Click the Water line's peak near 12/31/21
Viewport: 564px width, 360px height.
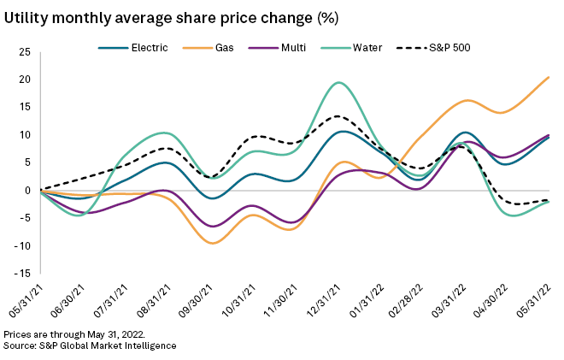[x=338, y=83]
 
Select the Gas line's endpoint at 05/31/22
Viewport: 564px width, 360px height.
[x=549, y=77]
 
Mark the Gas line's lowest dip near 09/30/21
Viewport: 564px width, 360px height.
[x=211, y=244]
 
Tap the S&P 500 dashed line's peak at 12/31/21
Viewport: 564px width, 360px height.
[x=338, y=116]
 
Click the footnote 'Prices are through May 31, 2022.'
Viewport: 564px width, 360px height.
[x=74, y=334]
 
